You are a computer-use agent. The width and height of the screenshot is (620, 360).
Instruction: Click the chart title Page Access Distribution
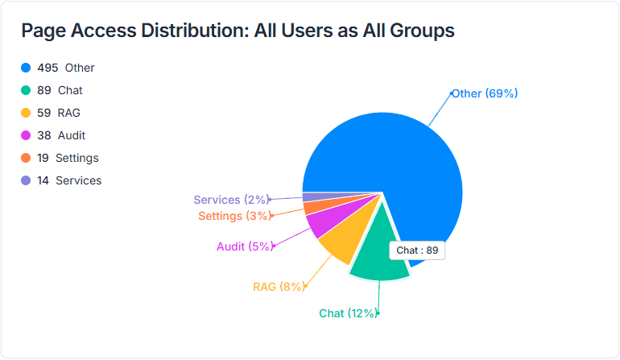click(x=238, y=31)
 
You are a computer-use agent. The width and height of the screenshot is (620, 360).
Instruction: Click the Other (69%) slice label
click(x=484, y=93)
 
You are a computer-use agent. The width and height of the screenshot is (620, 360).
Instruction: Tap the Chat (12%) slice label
click(x=347, y=313)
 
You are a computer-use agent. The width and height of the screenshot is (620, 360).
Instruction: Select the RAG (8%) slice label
click(x=279, y=287)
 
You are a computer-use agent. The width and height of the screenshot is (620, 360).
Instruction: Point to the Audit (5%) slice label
click(x=245, y=246)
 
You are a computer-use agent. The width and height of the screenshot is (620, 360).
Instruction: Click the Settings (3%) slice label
click(x=234, y=216)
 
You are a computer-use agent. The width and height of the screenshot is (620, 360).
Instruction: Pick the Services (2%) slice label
click(x=229, y=200)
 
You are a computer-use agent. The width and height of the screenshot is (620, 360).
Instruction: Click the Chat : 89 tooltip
click(x=417, y=250)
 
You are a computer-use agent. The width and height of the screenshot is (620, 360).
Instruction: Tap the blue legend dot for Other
click(x=26, y=68)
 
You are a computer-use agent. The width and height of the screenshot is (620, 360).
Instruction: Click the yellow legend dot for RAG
click(x=26, y=113)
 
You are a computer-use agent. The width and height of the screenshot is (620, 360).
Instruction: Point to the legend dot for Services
click(x=26, y=180)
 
